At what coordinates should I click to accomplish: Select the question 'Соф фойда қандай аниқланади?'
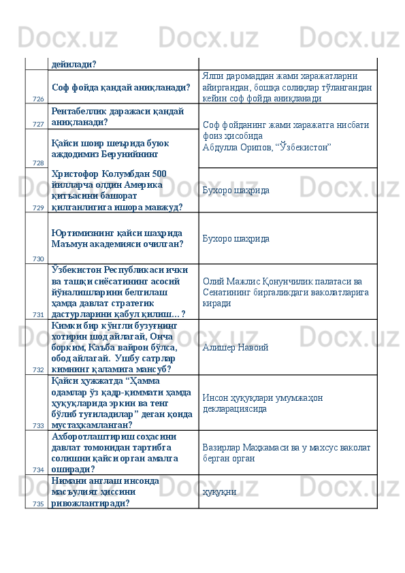pos(120,86)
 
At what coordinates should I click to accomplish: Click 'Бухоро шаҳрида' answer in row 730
pos(236,239)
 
